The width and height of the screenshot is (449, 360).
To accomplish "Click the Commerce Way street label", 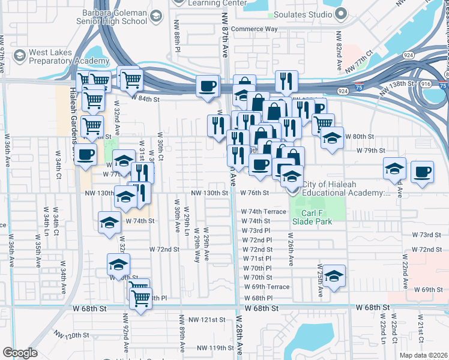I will click(255, 28).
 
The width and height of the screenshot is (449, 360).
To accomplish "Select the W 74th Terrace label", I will click(264, 212).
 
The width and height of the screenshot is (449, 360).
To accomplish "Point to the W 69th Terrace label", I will click(267, 287).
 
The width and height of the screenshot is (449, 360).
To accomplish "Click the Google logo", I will click(20, 353).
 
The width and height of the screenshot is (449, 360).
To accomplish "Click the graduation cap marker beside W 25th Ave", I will click(334, 275).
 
